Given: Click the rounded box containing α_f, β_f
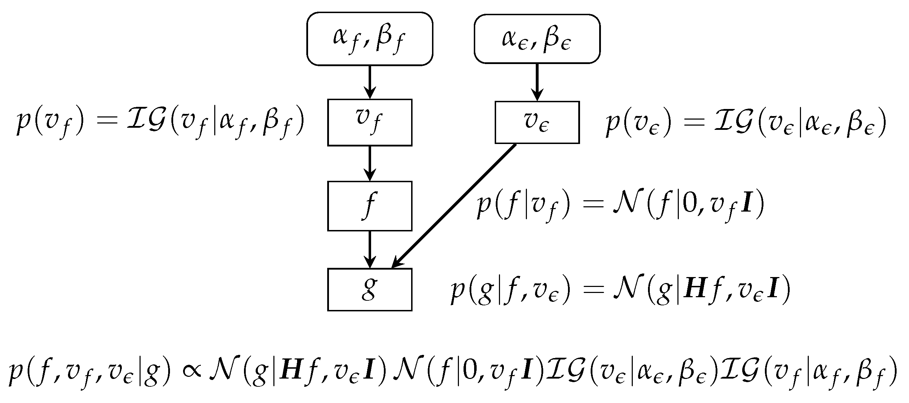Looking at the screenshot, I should click(370, 39).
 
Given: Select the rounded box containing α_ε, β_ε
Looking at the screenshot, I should click(537, 39).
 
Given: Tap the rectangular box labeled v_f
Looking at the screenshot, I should click(370, 122).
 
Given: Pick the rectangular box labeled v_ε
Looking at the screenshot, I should click(537, 122).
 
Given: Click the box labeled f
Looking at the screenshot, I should click(370, 206).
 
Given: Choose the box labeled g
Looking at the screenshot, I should click(370, 289).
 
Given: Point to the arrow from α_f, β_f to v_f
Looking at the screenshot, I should click(370, 82).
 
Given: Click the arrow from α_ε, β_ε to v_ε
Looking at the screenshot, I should click(537, 82).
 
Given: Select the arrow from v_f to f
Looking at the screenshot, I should click(370, 163).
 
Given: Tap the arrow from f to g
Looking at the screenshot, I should click(370, 249).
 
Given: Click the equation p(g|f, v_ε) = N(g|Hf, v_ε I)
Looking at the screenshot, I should click(620, 291).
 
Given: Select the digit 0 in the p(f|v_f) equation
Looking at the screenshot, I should click(689, 205).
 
